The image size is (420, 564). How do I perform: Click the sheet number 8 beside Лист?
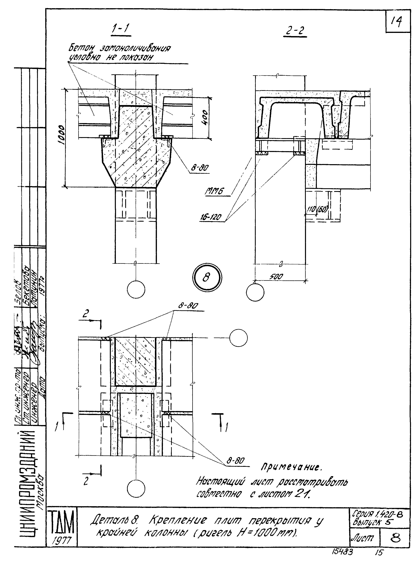tap(395, 537)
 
